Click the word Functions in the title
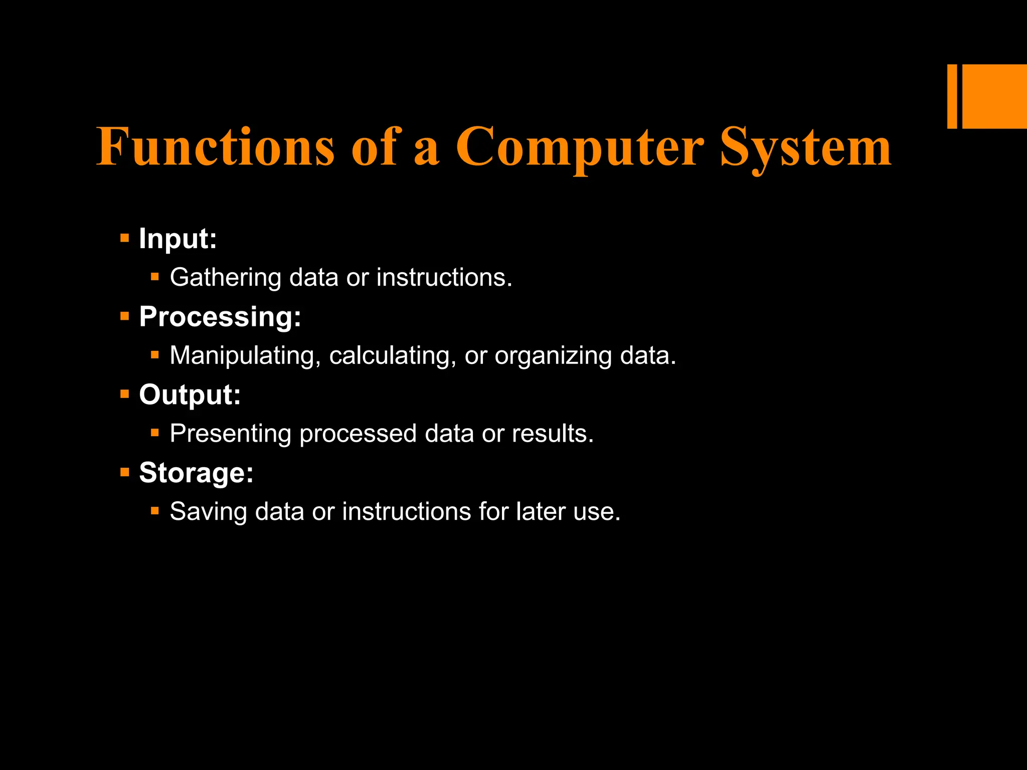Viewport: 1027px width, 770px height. coord(216,146)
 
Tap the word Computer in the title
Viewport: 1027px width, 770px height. coord(579,146)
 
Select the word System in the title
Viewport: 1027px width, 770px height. coord(806,146)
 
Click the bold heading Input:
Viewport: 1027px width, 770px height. coord(178,239)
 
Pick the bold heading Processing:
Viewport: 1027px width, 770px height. coord(220,317)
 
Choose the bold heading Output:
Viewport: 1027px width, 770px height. coord(190,395)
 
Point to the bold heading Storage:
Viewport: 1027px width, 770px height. coord(197,473)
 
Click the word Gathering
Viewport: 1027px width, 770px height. coord(226,278)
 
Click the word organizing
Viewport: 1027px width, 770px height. coord(553,356)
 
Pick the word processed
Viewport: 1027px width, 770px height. coord(358,434)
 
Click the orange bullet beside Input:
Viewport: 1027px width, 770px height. coord(125,238)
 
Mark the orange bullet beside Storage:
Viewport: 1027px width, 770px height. coord(125,472)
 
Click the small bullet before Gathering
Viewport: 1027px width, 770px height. coord(155,277)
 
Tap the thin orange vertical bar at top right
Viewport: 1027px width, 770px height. coord(952,96)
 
